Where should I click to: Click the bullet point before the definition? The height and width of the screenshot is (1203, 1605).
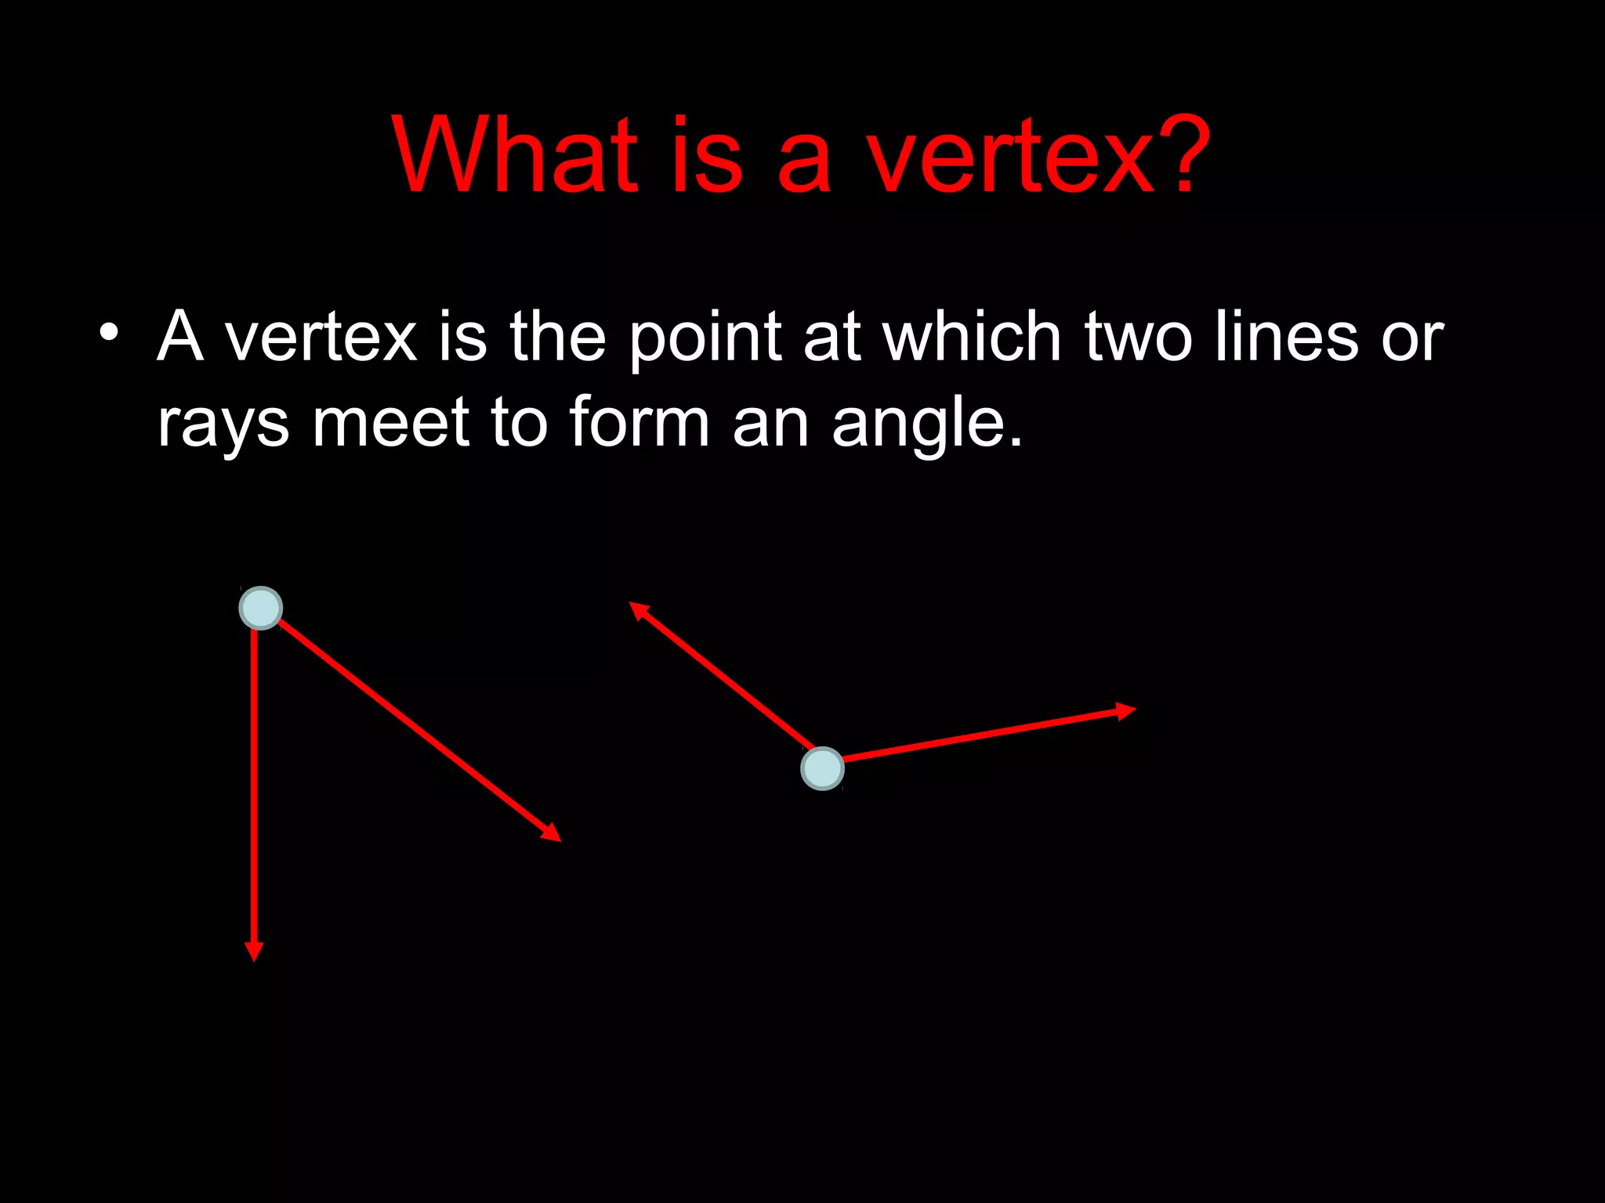coord(109,333)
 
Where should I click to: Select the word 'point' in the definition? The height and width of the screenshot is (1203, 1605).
coord(705,338)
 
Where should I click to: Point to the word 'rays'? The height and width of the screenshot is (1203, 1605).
coord(223,424)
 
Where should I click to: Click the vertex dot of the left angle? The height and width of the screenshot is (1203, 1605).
coord(261,608)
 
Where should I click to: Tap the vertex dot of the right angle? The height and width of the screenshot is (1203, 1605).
coord(822,768)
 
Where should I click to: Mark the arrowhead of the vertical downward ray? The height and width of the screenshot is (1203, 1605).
coord(254,950)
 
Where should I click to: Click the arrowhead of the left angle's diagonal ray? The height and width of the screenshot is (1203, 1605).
coord(552,833)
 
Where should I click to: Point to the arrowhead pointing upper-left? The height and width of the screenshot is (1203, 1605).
coord(639,610)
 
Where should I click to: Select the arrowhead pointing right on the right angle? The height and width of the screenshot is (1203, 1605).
coord(1125,710)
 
